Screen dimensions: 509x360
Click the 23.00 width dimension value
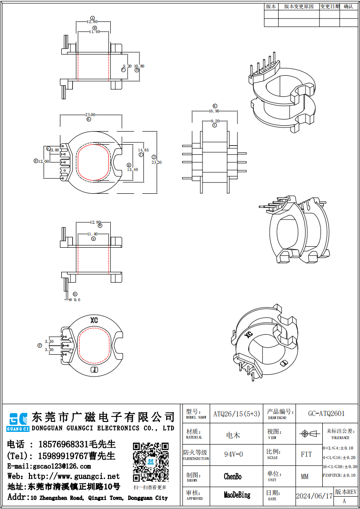pyautogui.click(x=90, y=115)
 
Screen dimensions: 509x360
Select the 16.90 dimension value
pyautogui.click(x=214, y=111)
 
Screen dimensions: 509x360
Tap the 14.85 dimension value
pyautogui.click(x=143, y=150)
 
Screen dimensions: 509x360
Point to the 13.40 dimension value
pyautogui.click(x=133, y=170)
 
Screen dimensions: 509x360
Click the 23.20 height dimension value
pyautogui.click(x=156, y=162)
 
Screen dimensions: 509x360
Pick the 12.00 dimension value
pyautogui.click(x=44, y=161)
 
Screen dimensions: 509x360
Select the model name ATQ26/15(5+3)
pyautogui.click(x=237, y=414)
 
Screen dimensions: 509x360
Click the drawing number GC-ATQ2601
pyautogui.click(x=326, y=414)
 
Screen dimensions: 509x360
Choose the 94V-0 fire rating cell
pyautogui.click(x=233, y=454)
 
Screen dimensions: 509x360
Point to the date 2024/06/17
pyautogui.click(x=314, y=496)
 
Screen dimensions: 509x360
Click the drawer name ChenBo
pyautogui.click(x=232, y=476)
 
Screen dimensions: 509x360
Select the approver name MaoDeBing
pyautogui.click(x=237, y=495)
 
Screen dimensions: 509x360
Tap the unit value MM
pyautogui.click(x=305, y=477)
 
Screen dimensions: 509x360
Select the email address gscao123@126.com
pyautogui.click(x=61, y=466)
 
